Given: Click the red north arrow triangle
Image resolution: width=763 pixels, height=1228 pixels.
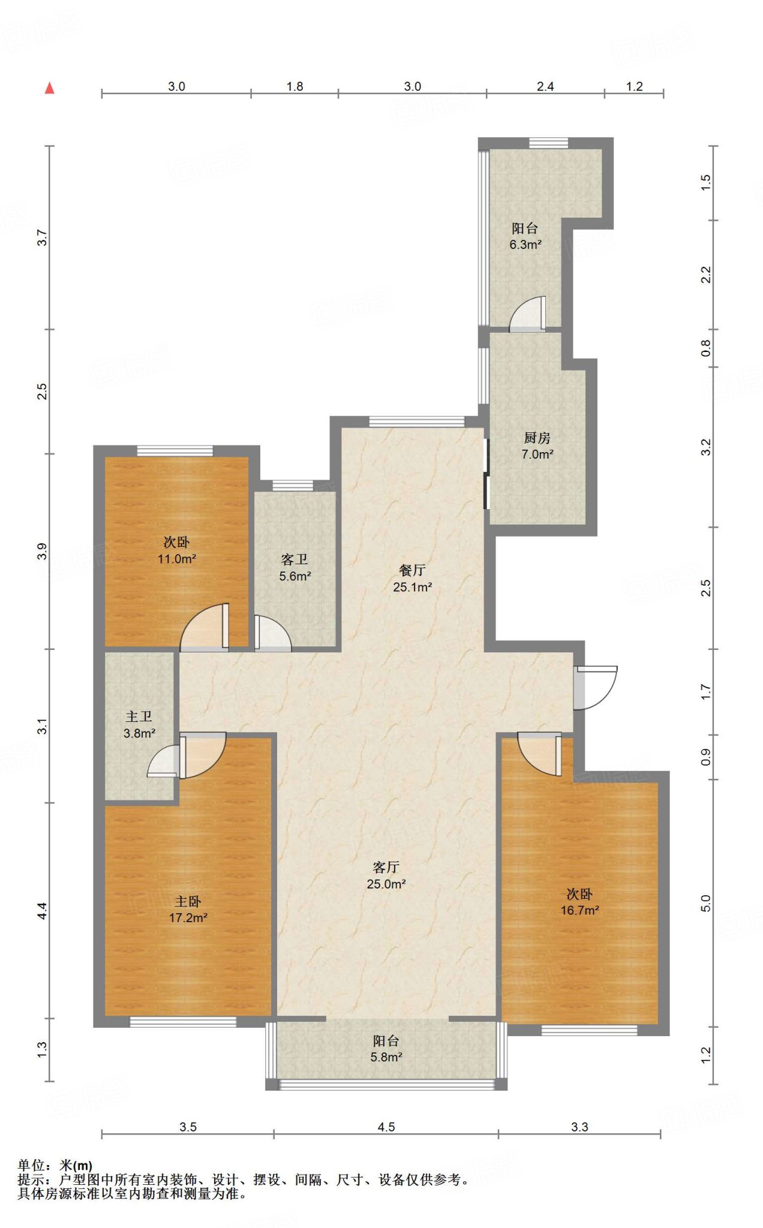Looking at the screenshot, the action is [50, 88].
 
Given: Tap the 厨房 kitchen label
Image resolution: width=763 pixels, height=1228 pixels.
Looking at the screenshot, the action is [537, 446].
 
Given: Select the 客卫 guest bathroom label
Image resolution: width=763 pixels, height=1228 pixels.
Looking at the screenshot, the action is [295, 568].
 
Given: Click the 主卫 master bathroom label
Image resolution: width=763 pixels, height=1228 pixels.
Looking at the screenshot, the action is [139, 724].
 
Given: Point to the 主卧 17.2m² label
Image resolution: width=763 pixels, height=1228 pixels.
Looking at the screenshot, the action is [188, 910].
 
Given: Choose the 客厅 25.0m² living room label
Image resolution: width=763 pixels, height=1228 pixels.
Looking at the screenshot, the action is [386, 875].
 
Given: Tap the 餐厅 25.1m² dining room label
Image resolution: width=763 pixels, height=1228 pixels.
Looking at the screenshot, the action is [412, 579].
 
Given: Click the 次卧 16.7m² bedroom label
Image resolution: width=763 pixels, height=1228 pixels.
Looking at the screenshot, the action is [579, 902].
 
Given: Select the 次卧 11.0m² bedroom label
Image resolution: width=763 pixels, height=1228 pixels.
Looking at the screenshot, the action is [176, 550].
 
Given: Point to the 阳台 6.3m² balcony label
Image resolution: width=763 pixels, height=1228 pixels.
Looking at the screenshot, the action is [525, 236].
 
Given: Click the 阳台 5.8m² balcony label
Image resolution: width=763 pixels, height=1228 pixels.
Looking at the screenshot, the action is [386, 1049].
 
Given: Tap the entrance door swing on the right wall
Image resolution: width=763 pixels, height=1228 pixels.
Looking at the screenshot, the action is [595, 687].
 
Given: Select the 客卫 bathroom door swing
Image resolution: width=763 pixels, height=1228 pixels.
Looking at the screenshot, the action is [273, 633].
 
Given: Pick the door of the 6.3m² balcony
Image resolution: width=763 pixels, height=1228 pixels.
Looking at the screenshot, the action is [528, 314].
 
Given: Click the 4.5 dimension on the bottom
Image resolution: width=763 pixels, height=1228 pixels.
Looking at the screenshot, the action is [386, 1127].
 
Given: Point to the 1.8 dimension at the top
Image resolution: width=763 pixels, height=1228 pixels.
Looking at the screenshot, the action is [295, 86].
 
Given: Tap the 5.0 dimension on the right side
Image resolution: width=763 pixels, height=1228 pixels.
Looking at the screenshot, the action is [705, 903].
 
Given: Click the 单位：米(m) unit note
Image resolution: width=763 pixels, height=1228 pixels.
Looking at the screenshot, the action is [55, 1166].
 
